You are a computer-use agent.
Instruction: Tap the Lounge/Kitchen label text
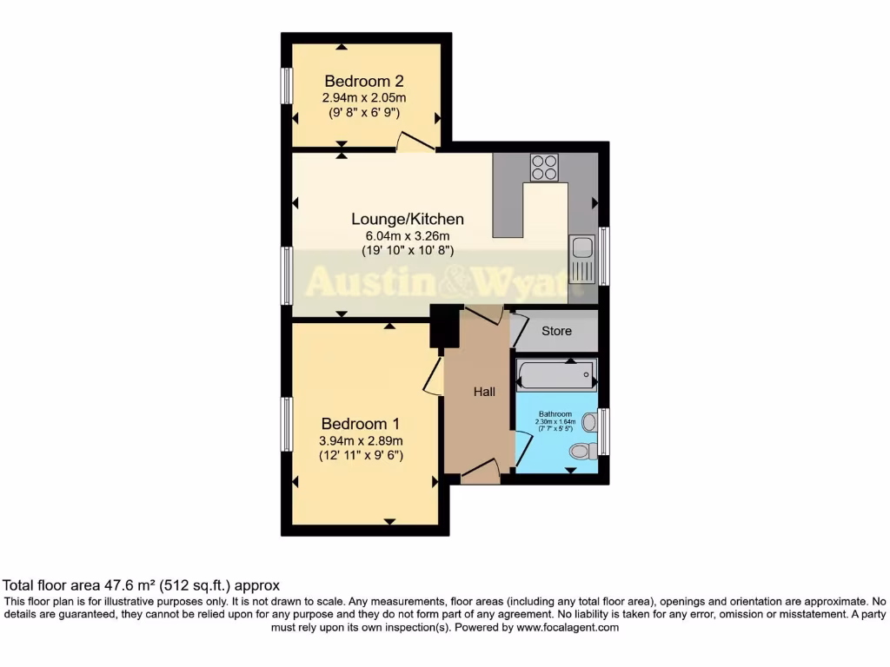[408, 219]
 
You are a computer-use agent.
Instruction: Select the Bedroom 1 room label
[361, 424]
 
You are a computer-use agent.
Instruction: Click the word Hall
[484, 393]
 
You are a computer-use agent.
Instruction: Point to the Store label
[557, 331]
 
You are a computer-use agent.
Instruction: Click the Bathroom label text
[555, 414]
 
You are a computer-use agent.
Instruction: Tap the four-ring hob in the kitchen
[544, 167]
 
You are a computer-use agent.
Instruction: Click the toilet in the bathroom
[584, 451]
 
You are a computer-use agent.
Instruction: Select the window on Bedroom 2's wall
[285, 86]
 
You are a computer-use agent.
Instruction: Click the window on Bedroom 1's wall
[285, 424]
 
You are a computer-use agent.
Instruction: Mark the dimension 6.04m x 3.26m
[408, 236]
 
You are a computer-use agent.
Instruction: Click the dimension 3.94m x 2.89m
[361, 440]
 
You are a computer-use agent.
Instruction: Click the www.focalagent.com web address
[568, 627]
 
